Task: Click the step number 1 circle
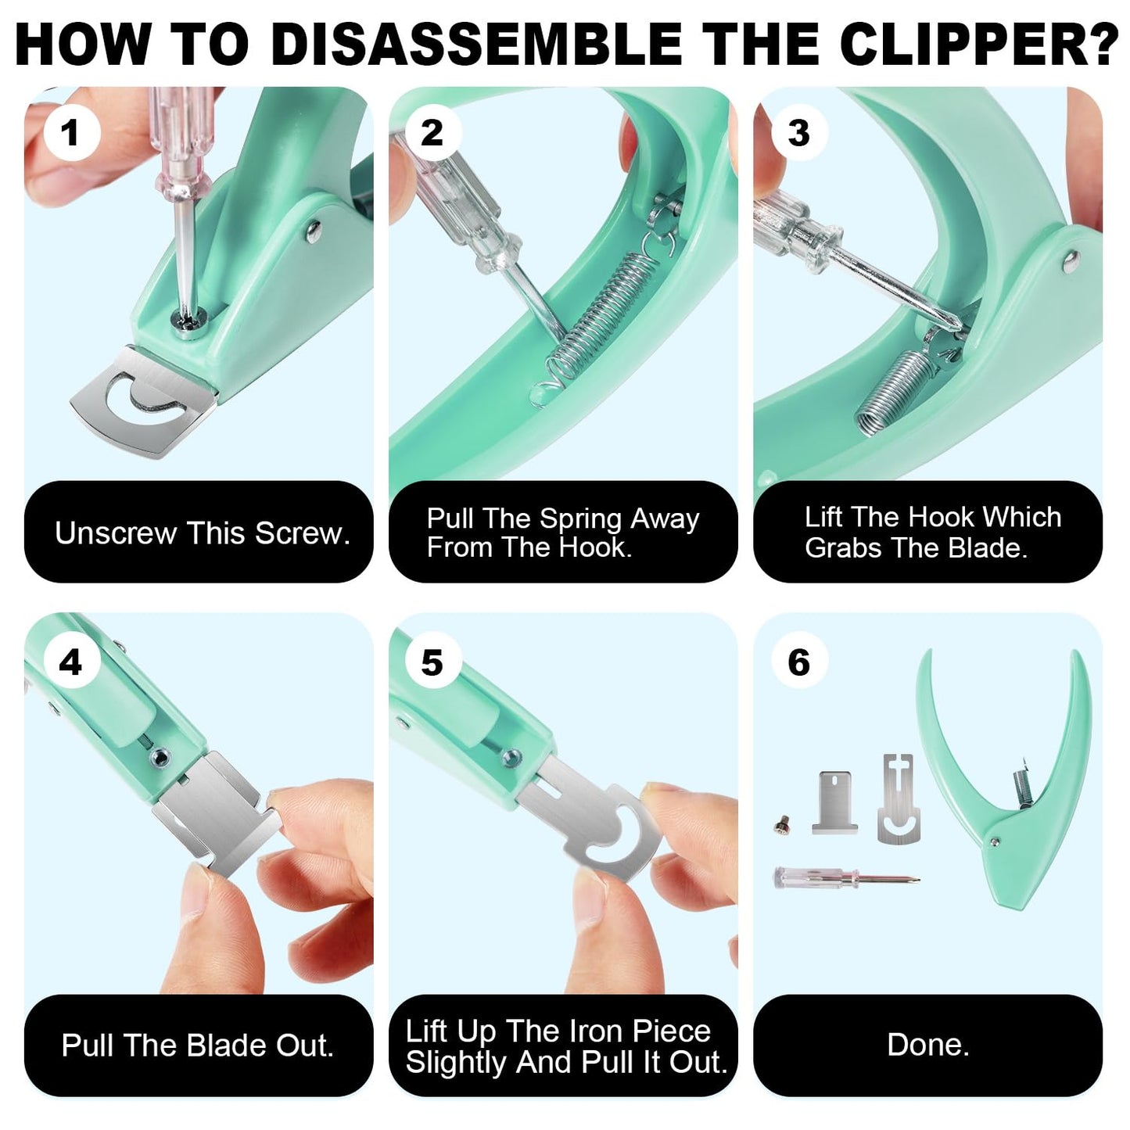(x=71, y=132)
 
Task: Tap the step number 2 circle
(x=432, y=132)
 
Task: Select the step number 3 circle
(x=798, y=132)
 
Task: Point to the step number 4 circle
(x=71, y=662)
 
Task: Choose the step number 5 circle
(x=432, y=662)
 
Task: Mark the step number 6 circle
(x=798, y=662)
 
